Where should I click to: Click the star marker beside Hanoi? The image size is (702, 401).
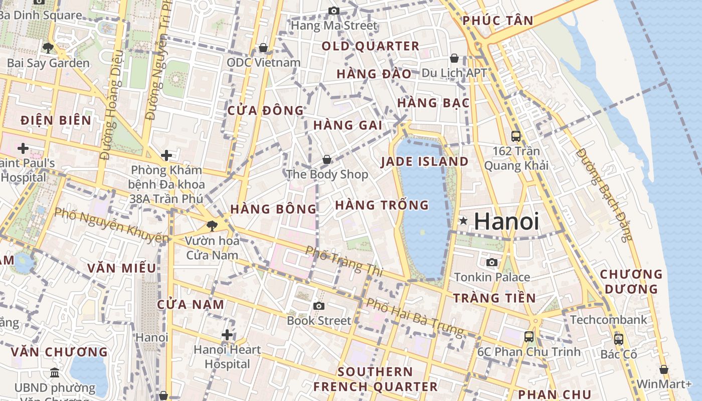tap(463, 221)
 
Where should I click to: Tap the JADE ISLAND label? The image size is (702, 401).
tap(424, 161)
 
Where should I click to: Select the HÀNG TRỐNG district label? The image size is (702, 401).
tap(382, 205)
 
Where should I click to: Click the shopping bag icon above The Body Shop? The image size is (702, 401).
tap(327, 159)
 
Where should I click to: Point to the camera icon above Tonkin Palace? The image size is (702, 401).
tap(492, 262)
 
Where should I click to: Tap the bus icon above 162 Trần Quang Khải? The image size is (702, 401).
tap(515, 136)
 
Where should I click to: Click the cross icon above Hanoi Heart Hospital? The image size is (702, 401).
tap(227, 334)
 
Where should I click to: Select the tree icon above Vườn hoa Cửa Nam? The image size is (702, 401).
tap(212, 226)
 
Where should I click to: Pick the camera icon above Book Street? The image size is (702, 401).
tap(319, 306)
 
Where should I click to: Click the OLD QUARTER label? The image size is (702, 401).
tap(370, 47)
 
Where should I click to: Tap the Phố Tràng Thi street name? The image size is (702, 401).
tap(344, 261)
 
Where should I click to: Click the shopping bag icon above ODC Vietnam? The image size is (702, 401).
tap(263, 48)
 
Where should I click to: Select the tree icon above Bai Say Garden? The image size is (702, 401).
tap(48, 48)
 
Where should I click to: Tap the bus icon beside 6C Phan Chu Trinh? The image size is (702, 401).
tap(529, 336)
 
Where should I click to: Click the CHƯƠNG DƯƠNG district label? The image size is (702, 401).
tap(631, 281)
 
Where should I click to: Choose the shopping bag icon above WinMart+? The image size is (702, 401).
tap(664, 369)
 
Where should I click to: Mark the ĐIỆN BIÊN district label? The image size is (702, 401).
tap(56, 120)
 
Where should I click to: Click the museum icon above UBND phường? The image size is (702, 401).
tap(55, 372)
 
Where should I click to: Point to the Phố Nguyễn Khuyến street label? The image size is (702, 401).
tap(111, 225)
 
